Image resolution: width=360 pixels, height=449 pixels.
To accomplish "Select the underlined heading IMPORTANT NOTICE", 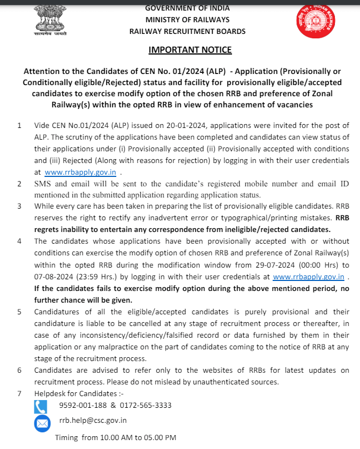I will (190, 50).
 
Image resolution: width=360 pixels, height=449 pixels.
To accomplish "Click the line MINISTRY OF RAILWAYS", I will (187, 19).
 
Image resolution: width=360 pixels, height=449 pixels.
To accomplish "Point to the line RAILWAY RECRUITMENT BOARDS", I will (187, 31).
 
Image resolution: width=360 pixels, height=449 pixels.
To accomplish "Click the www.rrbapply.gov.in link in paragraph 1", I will (80, 172).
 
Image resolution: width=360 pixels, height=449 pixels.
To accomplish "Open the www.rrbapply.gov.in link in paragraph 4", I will (309, 276).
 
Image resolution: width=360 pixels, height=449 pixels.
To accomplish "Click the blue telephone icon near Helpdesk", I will (41, 406).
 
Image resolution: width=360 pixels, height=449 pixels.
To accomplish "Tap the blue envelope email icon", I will (42, 424).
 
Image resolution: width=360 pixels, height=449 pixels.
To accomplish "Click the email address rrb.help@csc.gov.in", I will (93, 421).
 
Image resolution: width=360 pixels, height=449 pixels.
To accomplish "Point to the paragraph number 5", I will (19, 312).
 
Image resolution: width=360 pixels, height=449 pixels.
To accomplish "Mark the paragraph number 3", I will (19, 206).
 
